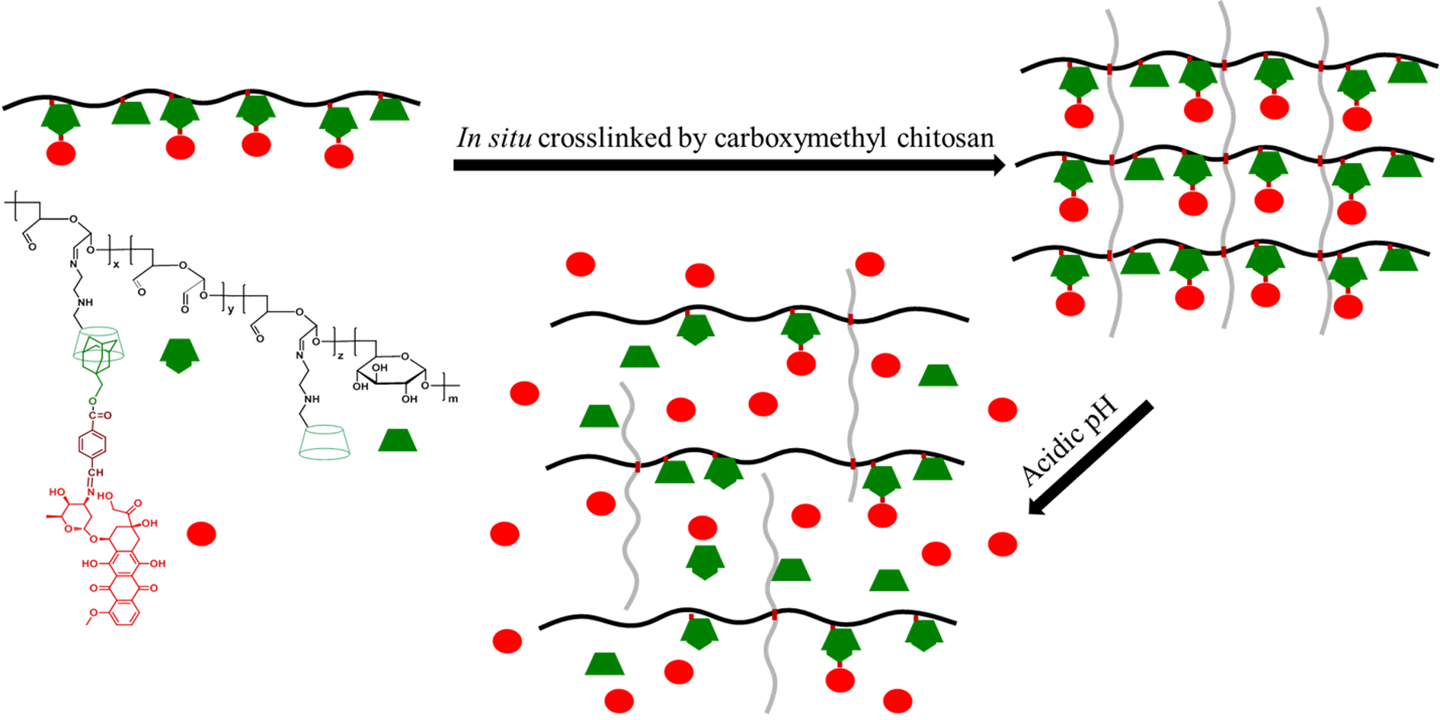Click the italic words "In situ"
tap(494, 138)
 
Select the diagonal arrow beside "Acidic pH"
tap(1090, 458)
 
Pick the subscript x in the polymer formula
tap(116, 264)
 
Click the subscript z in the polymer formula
tap(340, 355)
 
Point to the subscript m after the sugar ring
tap(453, 398)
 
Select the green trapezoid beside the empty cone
tap(398, 441)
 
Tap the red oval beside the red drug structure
tap(201, 533)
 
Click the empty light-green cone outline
tap(325, 443)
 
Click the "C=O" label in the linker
tap(100, 415)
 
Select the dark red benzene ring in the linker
tap(92, 444)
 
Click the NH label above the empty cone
tap(312, 398)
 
